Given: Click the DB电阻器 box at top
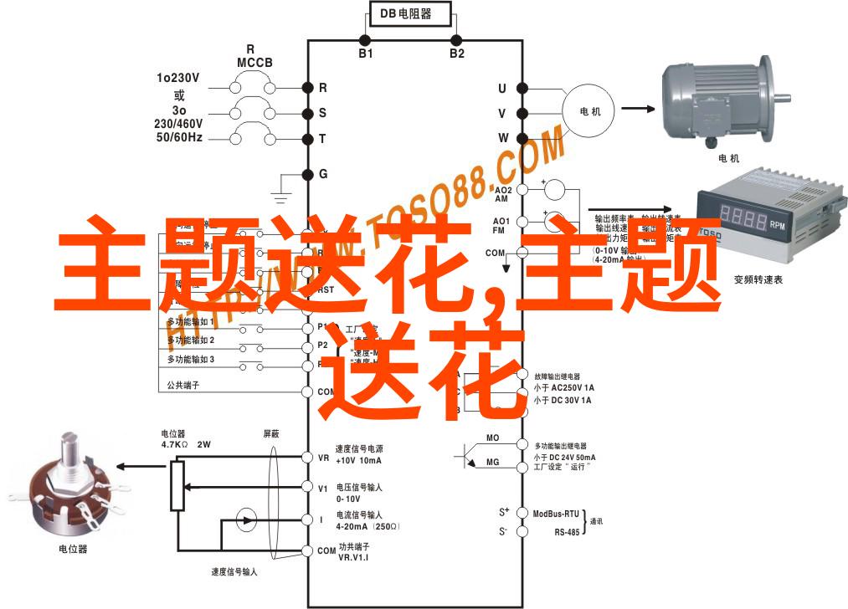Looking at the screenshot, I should click(411, 13).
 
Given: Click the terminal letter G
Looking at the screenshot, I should click(323, 174).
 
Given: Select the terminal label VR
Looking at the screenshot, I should click(323, 458).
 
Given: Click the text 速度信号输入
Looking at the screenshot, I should click(234, 572).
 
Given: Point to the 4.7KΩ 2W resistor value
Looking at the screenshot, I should click(185, 445).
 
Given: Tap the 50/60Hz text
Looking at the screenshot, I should click(177, 136).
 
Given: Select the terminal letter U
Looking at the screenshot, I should click(502, 88).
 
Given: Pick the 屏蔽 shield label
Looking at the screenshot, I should click(272, 433).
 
